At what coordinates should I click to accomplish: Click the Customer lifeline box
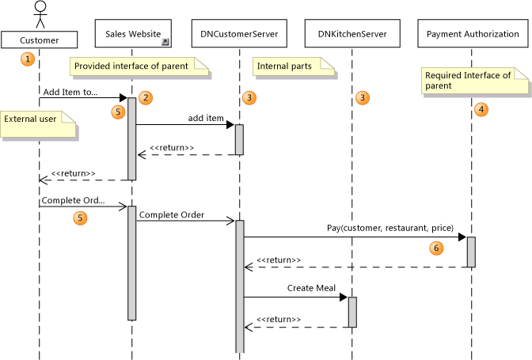pos(40,39)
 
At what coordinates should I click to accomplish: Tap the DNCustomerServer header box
pos(237,35)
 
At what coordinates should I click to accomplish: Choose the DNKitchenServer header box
pos(351,35)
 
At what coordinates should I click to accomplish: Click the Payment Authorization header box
pos(472,35)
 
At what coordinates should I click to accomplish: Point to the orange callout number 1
pos(28,59)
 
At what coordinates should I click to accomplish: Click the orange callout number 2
pos(145,97)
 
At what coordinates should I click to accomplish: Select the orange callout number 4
pos(481,110)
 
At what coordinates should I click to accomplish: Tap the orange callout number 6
pos(435,248)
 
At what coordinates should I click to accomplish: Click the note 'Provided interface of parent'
pos(139,66)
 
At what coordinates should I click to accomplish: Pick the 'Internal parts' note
pos(283,66)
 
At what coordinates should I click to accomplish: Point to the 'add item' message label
pos(206,117)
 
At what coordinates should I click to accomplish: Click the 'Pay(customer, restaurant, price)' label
pos(389,228)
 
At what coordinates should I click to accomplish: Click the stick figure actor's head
pos(40,8)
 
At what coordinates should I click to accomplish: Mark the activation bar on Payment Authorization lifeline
pos(471,252)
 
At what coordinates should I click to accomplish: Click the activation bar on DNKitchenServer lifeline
pos(352,311)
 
